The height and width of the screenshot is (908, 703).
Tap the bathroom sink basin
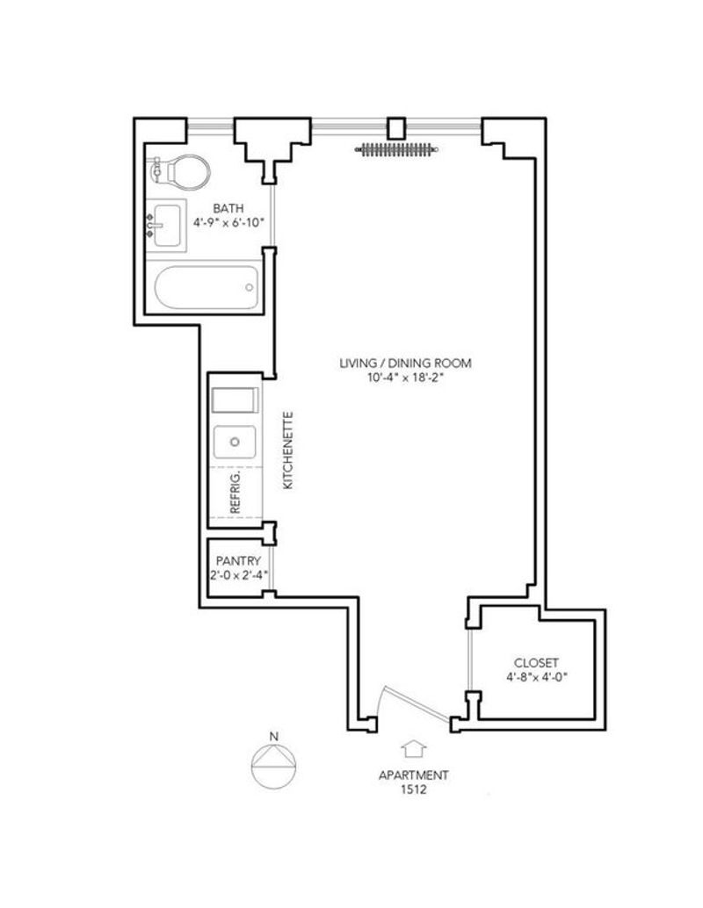[167, 226]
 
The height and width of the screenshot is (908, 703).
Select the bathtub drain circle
[250, 287]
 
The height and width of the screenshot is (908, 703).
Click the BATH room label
[228, 208]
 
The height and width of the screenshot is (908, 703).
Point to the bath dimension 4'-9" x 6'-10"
[228, 222]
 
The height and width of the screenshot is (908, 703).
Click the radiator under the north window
[396, 150]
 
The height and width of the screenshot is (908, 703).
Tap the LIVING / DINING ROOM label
[405, 363]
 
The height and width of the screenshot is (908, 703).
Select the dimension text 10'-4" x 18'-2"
[405, 378]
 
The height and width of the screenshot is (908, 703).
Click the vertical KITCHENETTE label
[288, 450]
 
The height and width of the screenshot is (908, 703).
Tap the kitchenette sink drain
[235, 442]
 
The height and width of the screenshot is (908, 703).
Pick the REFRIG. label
[235, 493]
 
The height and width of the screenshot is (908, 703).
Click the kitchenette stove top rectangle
[235, 400]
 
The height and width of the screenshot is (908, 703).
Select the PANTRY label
[238, 560]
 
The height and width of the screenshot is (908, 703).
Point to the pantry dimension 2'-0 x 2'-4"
[238, 575]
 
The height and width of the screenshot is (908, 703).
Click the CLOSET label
[536, 663]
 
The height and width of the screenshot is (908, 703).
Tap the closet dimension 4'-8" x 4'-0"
[536, 677]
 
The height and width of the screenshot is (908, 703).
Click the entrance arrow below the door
[415, 749]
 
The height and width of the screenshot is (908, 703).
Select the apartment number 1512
[414, 789]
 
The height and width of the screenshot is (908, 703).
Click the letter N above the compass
[273, 737]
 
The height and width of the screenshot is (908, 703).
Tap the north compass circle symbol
[273, 766]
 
